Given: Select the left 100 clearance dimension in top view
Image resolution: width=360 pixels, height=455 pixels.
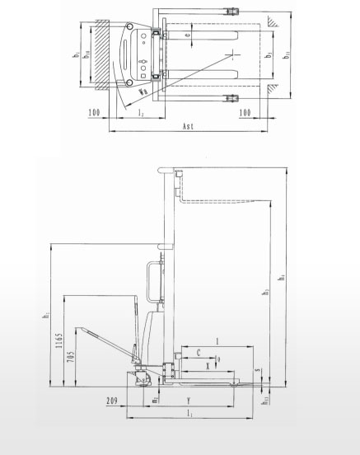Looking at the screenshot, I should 95,110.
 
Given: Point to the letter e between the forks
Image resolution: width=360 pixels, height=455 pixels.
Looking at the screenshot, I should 189,35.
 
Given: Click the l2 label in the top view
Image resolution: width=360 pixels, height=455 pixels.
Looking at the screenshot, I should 142,111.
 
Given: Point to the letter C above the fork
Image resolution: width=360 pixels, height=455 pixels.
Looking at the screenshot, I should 198,352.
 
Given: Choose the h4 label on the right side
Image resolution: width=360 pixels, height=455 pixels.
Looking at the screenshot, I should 281,279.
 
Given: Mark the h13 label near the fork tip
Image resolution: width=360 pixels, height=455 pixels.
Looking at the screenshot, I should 265,401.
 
